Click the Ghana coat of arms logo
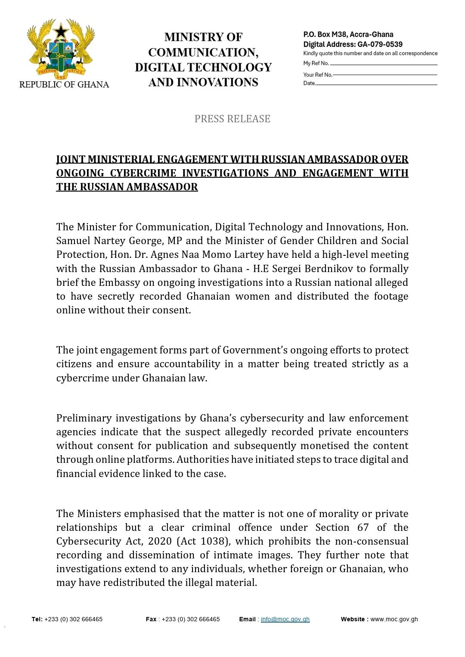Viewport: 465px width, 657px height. [61, 49]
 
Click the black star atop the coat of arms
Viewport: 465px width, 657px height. [61, 30]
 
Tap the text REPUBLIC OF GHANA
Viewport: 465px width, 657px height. [64, 84]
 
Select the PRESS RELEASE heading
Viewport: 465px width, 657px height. [232, 119]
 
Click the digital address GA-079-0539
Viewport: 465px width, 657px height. [380, 44]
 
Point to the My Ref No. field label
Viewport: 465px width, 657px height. [316, 63]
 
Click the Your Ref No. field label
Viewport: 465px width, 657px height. [318, 75]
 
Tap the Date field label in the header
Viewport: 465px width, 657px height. [309, 83]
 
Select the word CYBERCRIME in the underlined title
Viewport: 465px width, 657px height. [143, 173]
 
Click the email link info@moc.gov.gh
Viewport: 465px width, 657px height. [285, 619]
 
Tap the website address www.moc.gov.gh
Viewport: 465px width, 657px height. [394, 619]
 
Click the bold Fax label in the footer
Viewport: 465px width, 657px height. [151, 619]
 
